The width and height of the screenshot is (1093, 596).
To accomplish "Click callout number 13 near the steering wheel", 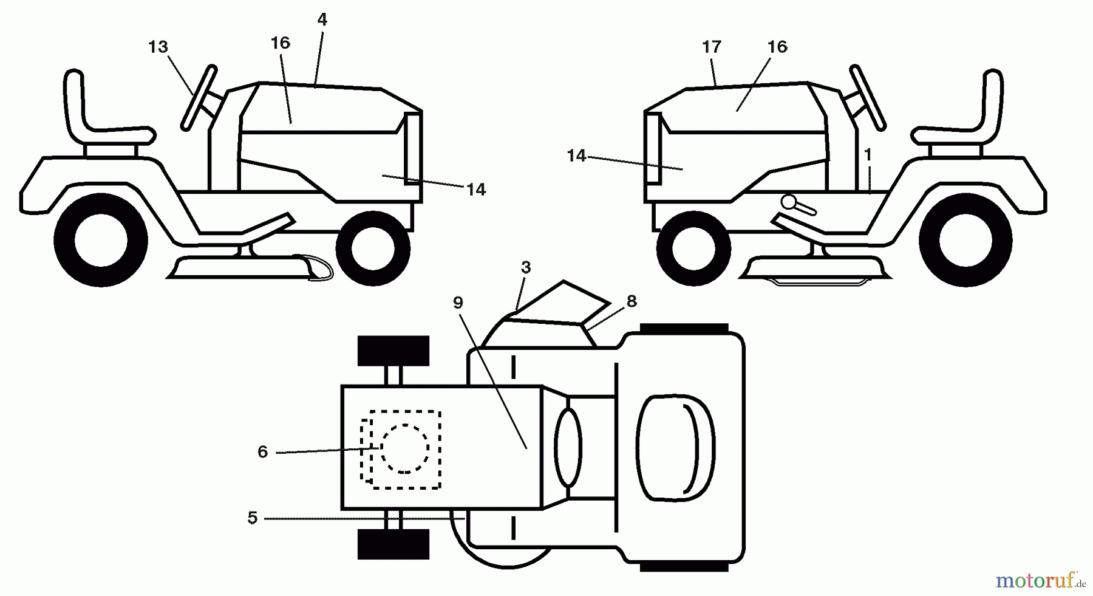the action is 158,47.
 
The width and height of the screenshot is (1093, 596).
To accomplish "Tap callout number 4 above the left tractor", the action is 322,19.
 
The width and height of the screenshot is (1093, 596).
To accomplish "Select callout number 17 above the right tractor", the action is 711,47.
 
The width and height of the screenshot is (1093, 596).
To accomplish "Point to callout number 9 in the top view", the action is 458,303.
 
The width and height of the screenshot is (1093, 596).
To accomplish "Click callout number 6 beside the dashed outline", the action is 262,451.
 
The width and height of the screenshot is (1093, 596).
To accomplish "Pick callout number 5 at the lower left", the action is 253,518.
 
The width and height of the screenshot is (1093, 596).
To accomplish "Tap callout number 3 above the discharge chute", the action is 526,267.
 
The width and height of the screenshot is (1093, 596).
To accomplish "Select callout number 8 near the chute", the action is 632,301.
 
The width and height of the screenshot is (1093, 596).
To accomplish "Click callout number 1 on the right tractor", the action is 868,155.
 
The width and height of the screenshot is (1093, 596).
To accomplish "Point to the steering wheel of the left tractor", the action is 199,98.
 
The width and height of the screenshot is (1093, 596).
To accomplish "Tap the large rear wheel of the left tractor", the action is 101,239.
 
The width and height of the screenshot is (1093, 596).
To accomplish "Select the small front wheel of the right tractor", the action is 693,248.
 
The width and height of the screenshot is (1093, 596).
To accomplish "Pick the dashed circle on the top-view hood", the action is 405,448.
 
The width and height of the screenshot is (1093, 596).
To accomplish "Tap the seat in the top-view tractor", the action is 676,448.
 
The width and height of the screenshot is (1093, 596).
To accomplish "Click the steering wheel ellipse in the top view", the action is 568,448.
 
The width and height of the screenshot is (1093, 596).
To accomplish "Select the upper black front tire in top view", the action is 393,351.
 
